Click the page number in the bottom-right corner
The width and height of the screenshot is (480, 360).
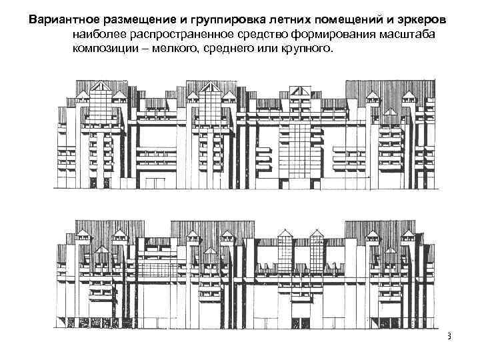(x=449, y=337)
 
